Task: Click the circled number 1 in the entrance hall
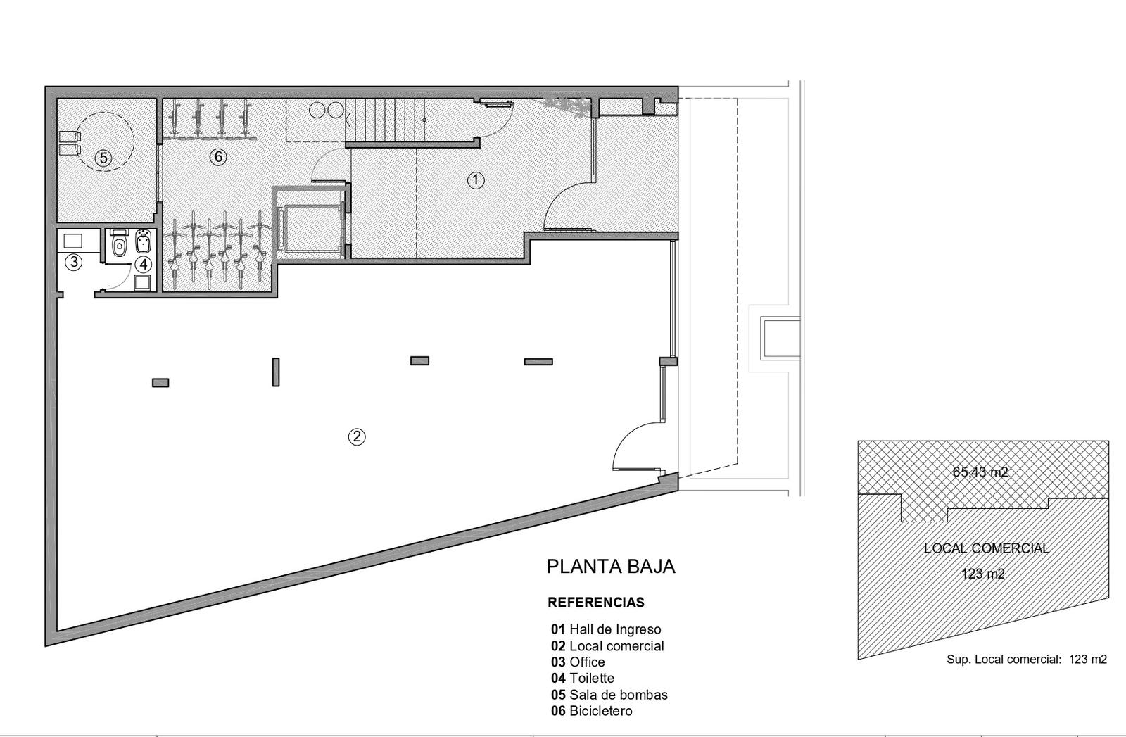point(476,180)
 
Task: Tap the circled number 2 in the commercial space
point(357,436)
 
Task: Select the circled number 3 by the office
point(74,262)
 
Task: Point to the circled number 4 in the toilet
point(144,264)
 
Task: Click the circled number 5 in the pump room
point(103,158)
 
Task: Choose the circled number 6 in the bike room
point(218,157)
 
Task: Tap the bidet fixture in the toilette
point(144,242)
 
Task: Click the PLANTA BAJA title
point(611,567)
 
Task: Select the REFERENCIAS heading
point(596,603)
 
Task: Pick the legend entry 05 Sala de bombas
point(609,695)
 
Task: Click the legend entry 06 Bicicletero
point(592,711)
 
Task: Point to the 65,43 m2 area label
point(980,472)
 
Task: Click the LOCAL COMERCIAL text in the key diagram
point(986,548)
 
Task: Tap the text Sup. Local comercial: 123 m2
point(1027,659)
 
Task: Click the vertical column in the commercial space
point(275,372)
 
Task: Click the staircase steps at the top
point(385,120)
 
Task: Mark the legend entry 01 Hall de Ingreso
point(606,629)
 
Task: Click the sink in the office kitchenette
point(73,241)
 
